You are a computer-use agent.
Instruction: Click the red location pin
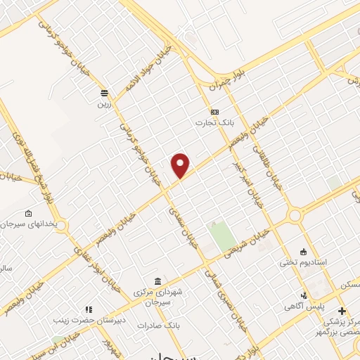(181, 166)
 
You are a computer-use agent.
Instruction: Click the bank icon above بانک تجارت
(214, 112)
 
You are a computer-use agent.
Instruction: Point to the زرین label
(104, 103)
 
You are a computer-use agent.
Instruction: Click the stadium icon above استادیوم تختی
(303, 252)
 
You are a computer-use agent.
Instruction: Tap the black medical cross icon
(342, 310)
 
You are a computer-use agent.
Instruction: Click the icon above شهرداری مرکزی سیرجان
(157, 281)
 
